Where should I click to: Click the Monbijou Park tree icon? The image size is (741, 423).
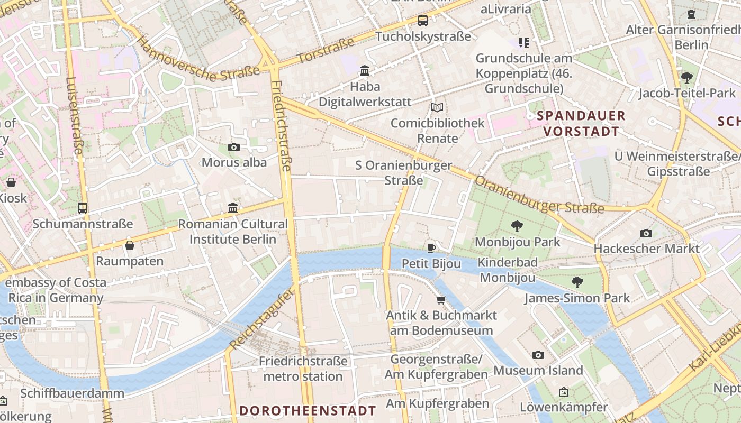tap(517, 226)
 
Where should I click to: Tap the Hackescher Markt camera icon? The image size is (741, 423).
tap(646, 233)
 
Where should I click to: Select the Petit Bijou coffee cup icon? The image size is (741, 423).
tap(431, 248)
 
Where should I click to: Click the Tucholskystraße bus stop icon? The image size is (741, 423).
tap(422, 21)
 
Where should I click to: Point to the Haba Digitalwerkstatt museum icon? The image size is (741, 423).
tap(364, 70)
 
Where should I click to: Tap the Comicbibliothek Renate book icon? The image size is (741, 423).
tap(437, 108)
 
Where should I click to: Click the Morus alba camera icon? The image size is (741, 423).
tap(233, 147)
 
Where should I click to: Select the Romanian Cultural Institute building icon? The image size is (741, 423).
tap(233, 208)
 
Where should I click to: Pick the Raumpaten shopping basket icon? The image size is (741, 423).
tap(130, 245)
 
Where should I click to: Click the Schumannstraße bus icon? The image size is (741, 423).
tap(83, 208)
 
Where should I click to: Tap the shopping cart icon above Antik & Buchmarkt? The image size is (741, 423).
tap(441, 300)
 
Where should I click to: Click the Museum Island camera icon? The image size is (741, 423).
tap(538, 355)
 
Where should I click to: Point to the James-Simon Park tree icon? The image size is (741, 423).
tap(577, 282)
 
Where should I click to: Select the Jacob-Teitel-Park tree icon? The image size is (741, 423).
tap(687, 78)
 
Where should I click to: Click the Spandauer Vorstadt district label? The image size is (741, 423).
tap(581, 123)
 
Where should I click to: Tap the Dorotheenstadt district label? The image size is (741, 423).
tap(308, 411)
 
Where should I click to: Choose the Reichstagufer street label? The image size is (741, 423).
tap(261, 321)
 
